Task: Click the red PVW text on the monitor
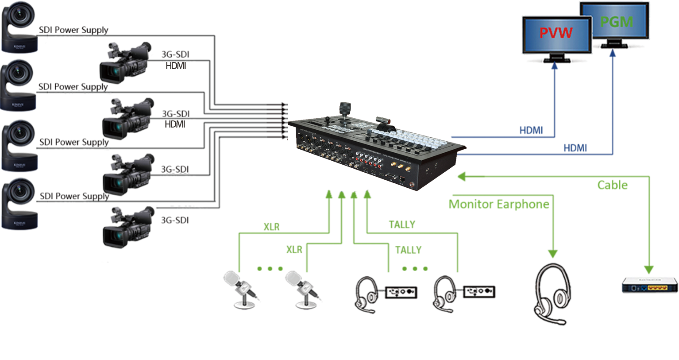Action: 556,33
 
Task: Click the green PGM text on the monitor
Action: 616,22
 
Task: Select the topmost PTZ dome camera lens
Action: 18,15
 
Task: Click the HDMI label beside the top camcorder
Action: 175,66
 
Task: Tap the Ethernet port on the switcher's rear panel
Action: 402,179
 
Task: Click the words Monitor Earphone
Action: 500,204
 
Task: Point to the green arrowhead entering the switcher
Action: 463,177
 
